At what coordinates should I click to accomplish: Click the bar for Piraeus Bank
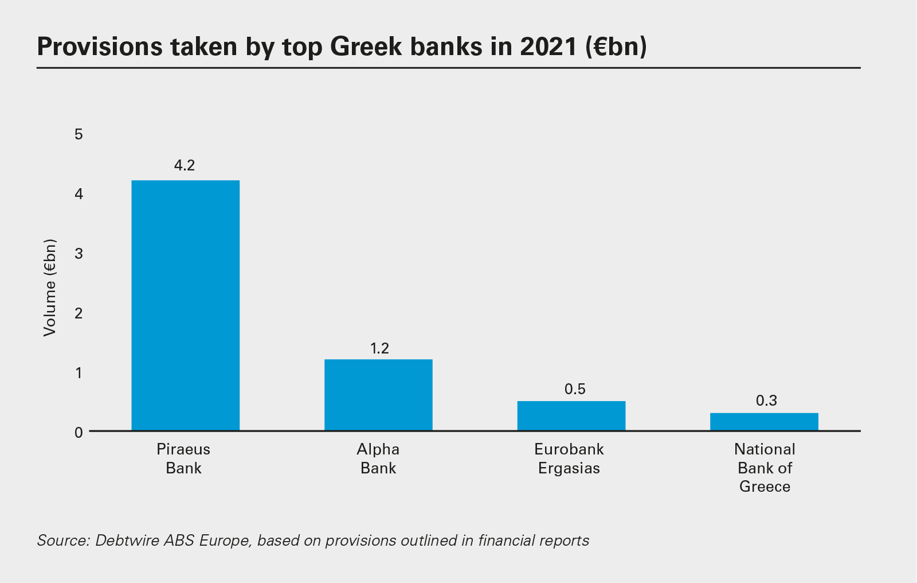185,305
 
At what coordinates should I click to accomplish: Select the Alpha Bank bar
378,395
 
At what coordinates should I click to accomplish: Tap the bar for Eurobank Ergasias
571,415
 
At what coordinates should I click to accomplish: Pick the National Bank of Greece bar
764,422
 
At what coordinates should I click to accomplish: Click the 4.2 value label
185,166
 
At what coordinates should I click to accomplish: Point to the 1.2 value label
379,348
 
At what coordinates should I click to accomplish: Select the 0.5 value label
575,390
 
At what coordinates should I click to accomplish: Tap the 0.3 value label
766,401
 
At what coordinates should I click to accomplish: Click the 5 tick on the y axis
79,134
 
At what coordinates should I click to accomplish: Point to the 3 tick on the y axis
79,254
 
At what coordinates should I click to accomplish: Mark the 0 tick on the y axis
79,432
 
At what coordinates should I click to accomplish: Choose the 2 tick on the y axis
79,313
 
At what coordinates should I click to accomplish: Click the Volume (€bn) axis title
50,287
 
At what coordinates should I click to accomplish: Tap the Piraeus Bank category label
183,458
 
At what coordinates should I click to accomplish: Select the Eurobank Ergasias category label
569,458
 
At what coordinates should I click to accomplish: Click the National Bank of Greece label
765,468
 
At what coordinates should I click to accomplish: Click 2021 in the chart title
548,46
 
